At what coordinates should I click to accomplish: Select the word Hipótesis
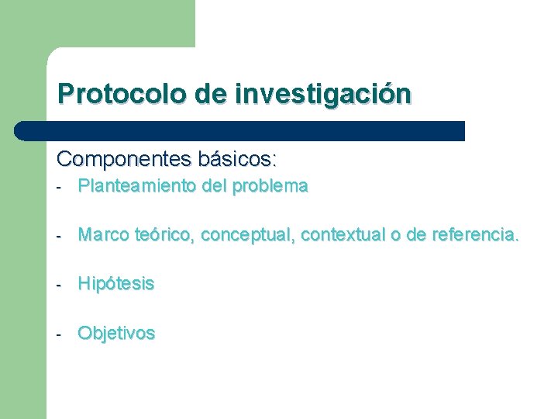[116, 284]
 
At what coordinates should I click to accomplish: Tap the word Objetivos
[116, 334]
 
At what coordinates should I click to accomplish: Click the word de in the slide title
[211, 95]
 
